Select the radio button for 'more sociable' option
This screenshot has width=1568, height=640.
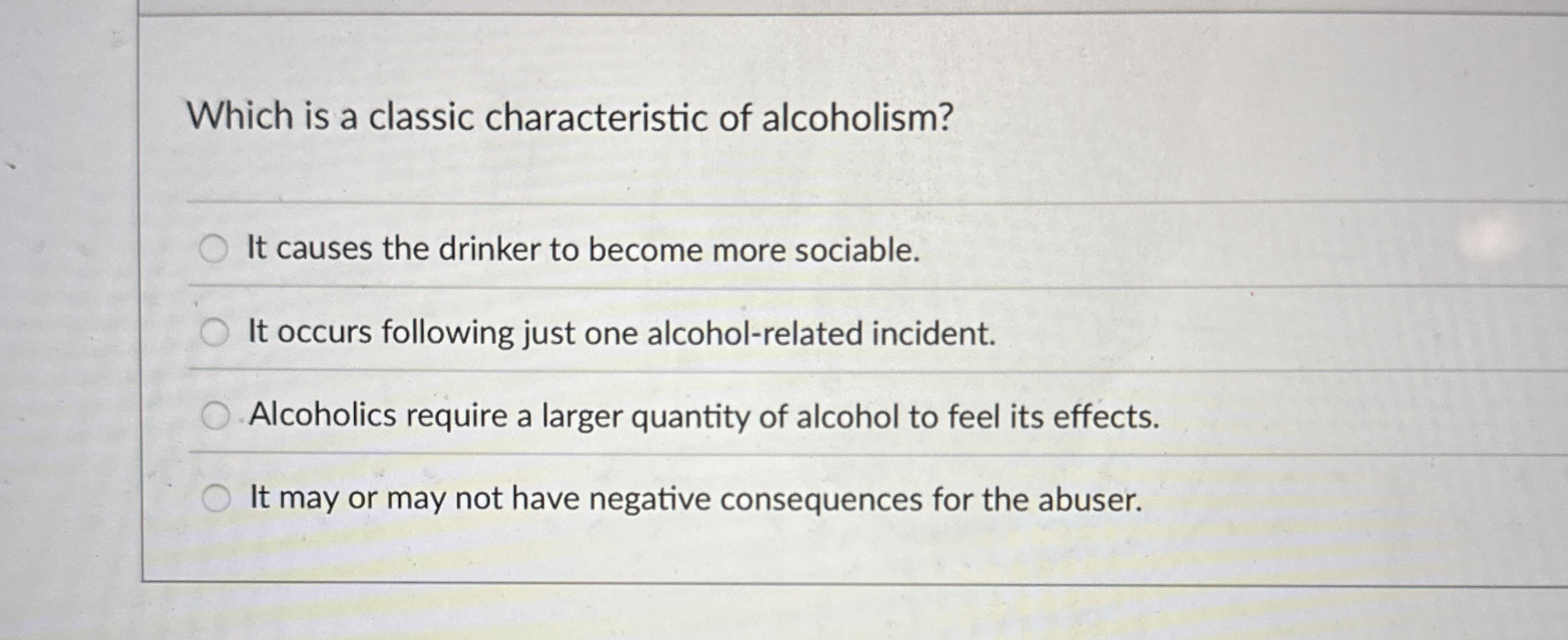[214, 249]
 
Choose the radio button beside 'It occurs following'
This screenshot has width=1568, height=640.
[214, 333]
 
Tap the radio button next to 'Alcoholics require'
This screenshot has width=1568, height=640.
[215, 416]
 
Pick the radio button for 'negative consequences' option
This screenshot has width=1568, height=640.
[216, 499]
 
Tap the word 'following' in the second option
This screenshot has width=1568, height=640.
[447, 334]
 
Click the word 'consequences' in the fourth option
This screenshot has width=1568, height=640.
[821, 500]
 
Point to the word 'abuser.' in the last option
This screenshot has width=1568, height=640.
[1090, 500]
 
